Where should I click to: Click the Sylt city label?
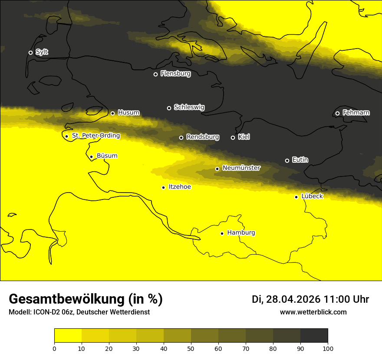pyautogui.click(x=42, y=52)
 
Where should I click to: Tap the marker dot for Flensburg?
pyautogui.click(x=155, y=74)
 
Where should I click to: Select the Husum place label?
pyautogui.click(x=128, y=113)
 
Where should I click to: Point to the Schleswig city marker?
pyautogui.click(x=169, y=108)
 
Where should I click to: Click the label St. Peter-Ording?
pyautogui.click(x=96, y=136)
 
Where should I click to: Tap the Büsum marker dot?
pyautogui.click(x=91, y=157)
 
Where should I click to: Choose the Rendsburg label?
pyautogui.click(x=203, y=137)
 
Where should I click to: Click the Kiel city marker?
pyautogui.click(x=233, y=137)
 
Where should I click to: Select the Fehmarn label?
pyautogui.click(x=356, y=113)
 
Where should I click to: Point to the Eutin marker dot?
pyautogui.click(x=287, y=160)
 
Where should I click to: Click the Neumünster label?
pyautogui.click(x=241, y=168)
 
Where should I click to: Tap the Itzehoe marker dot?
pyautogui.click(x=163, y=187)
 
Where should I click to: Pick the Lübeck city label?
pyautogui.click(x=312, y=196)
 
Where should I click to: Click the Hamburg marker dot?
pyautogui.click(x=222, y=233)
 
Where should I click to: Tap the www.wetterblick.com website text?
pyautogui.click(x=313, y=312)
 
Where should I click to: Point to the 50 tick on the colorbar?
pyautogui.click(x=191, y=348)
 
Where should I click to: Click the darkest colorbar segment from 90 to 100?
pyautogui.click(x=314, y=335)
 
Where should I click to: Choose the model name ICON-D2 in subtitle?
pyautogui.click(x=45, y=312)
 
